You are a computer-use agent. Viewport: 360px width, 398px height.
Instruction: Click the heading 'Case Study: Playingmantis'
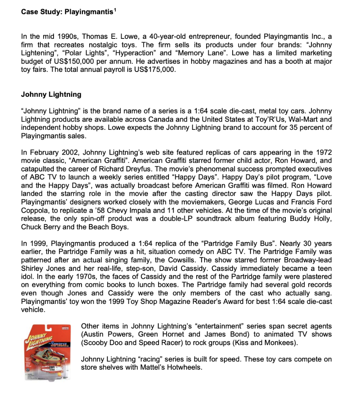pos(68,12)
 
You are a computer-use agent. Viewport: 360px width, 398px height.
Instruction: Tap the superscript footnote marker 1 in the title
pos(115,10)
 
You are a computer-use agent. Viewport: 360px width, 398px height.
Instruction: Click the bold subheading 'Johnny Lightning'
pos(51,94)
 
